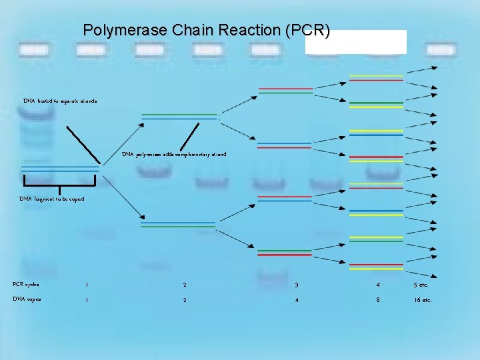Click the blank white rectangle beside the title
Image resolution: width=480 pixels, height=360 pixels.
coord(355,41)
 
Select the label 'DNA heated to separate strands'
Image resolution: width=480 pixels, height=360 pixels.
coord(60,101)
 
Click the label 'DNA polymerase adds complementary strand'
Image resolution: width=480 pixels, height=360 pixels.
coord(174,154)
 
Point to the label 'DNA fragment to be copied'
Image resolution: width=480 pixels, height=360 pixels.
coord(51,199)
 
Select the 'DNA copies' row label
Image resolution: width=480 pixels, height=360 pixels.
coord(27,299)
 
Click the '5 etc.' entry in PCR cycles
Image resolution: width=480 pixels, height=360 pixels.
coord(423,285)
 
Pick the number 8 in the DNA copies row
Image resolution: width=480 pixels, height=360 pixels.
coord(377,300)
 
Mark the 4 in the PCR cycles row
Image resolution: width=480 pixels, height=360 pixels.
coord(377,285)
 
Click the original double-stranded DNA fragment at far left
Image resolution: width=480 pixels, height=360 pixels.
coord(60,169)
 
